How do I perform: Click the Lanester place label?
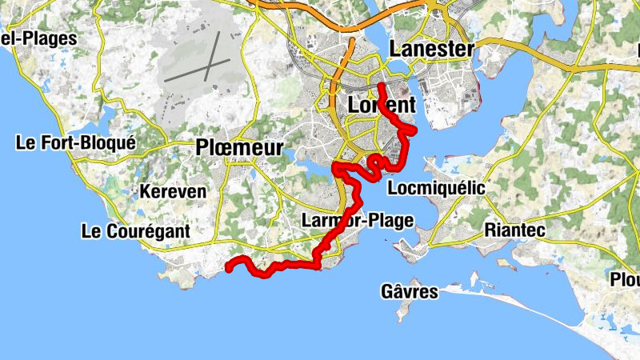pyautogui.click(x=431, y=49)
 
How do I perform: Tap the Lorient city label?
pyautogui.click(x=382, y=105)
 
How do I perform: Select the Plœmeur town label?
pyautogui.click(x=239, y=148)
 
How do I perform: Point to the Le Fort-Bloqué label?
pyautogui.click(x=76, y=143)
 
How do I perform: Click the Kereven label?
pyautogui.click(x=173, y=192)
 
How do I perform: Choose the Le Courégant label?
pyautogui.click(x=136, y=231)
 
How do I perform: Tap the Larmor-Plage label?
pyautogui.click(x=358, y=220)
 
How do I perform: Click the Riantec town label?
pyautogui.click(x=514, y=230)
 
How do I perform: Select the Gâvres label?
pyautogui.click(x=410, y=291)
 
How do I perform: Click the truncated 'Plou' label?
pyautogui.click(x=625, y=279)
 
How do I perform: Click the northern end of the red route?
pyautogui.click(x=381, y=85)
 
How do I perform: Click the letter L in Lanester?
pyautogui.click(x=396, y=49)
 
